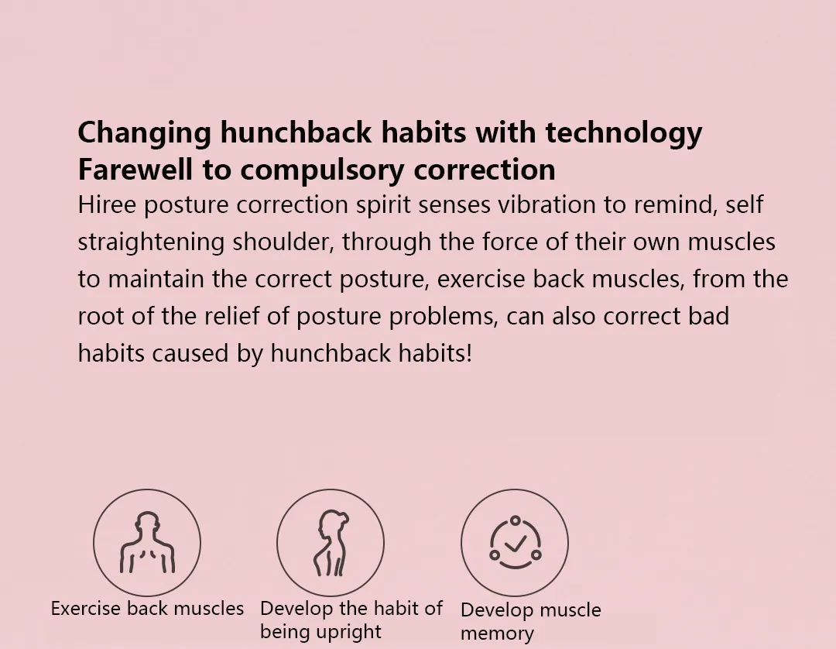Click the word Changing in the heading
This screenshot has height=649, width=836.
tap(145, 133)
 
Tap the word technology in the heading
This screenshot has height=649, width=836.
tap(624, 133)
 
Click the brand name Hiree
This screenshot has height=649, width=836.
tap(107, 204)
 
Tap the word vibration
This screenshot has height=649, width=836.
tap(546, 204)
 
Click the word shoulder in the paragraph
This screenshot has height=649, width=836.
tap(283, 242)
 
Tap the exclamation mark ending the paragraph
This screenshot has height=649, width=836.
tap(469, 354)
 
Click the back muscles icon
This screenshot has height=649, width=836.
tap(147, 542)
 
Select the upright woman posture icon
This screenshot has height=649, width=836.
tap(331, 543)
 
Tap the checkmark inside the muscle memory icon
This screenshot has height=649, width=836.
tap(515, 544)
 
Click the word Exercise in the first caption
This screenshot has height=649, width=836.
tap(86, 609)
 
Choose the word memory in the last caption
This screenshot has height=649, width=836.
tap(497, 634)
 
